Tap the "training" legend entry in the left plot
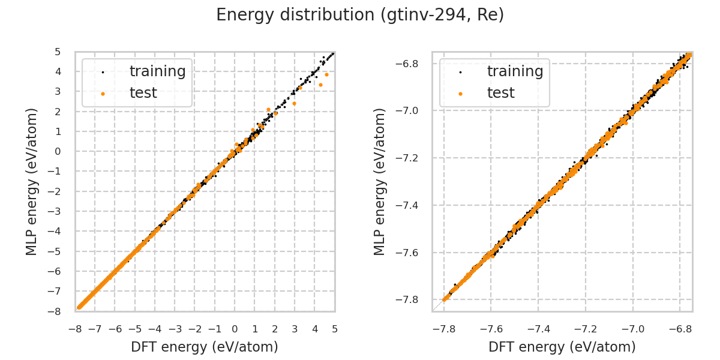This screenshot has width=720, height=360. [157, 71]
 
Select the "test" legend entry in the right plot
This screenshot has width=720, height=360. [500, 92]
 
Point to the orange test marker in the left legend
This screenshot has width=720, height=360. [103, 93]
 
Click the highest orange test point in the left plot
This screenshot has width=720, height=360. [326, 74]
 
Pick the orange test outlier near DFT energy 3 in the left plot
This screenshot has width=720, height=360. [294, 103]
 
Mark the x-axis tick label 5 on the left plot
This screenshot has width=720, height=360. [335, 328]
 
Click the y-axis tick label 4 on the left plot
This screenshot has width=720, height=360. [58, 71]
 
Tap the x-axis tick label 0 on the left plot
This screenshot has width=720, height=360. [235, 328]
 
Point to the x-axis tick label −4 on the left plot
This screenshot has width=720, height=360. [154, 328]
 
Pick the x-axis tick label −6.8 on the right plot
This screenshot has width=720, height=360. [680, 328]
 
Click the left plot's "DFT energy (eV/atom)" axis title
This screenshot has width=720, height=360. [205, 347]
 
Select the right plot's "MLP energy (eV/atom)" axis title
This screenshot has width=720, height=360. [380, 181]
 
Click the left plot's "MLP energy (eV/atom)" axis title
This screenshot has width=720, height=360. [32, 181]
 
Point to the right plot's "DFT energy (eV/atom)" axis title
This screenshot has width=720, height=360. [562, 347]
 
